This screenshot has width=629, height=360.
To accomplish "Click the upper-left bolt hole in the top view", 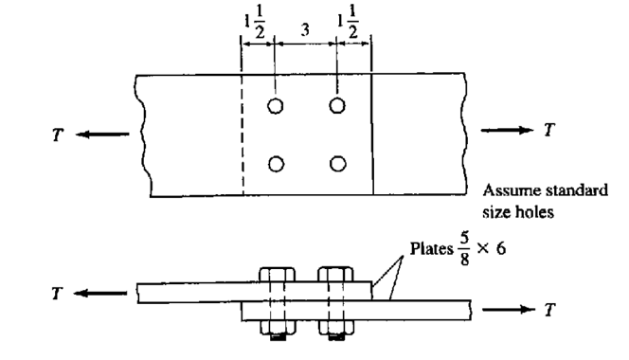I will (x=275, y=105).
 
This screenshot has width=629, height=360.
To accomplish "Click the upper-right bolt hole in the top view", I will (x=336, y=105).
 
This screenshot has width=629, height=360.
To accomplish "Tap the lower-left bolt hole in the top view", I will (x=275, y=164).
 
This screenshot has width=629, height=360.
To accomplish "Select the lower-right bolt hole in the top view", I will (x=336, y=164).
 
